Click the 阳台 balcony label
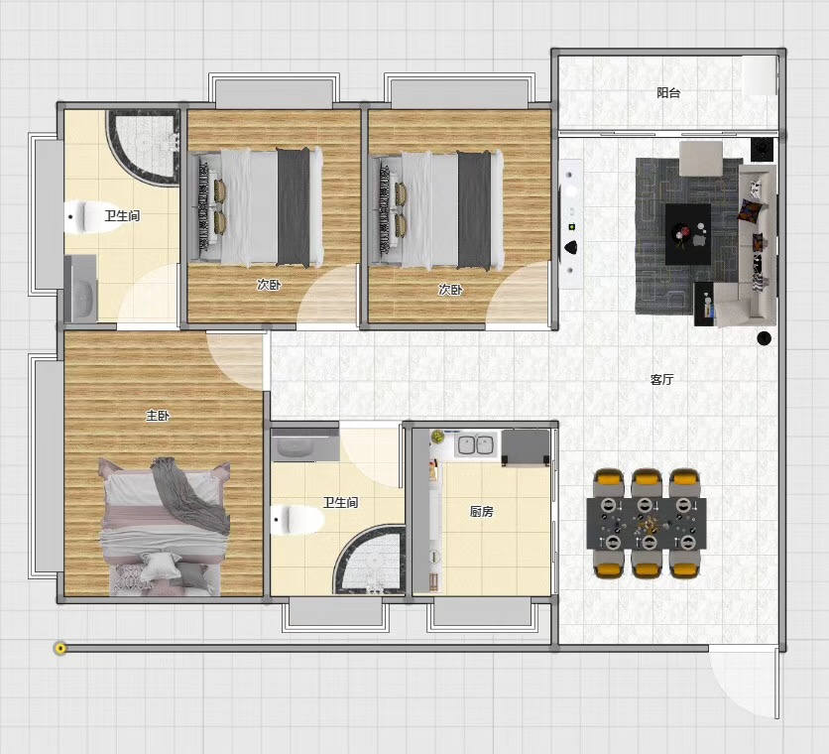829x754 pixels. click(x=668, y=93)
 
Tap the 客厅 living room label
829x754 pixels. click(x=662, y=379)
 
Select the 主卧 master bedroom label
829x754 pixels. click(x=158, y=416)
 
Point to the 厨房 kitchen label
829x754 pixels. click(x=482, y=511)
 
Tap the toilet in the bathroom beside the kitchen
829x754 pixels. click(x=297, y=519)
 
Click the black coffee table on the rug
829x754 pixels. click(x=688, y=234)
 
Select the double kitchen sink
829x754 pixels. click(x=476, y=444)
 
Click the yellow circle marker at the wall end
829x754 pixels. click(x=60, y=648)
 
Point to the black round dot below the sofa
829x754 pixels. click(x=764, y=338)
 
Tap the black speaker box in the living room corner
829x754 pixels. click(x=762, y=149)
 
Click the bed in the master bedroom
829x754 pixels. click(x=165, y=527)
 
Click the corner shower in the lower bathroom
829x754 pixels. click(x=370, y=560)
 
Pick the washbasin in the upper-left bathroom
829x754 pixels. click(x=81, y=289)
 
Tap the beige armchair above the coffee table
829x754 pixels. click(x=701, y=158)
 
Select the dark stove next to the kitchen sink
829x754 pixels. click(x=526, y=447)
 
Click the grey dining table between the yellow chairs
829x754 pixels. click(x=647, y=523)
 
